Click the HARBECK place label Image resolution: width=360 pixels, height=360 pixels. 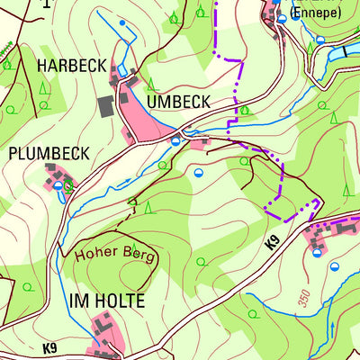click(x=71, y=66)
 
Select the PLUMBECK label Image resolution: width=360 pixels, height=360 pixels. click(x=49, y=153)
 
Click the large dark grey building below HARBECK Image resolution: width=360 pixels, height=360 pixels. click(x=106, y=106)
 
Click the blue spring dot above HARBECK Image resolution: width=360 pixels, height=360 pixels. click(x=123, y=22)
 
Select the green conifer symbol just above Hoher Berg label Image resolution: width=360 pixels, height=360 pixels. click(x=148, y=208)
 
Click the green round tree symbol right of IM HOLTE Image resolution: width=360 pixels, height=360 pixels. click(x=201, y=262)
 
